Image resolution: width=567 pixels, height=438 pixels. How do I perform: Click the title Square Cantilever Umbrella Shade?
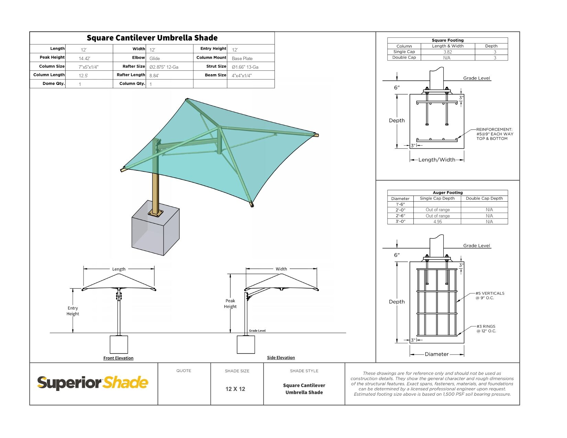pos(152,38)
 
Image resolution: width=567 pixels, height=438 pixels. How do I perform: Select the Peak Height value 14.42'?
pos(85,58)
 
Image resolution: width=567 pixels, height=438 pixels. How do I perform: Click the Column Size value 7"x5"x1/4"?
pos(88,67)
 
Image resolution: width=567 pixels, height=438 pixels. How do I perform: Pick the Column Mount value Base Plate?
pos(242,58)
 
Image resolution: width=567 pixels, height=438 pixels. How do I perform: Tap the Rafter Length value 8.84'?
pos(154,76)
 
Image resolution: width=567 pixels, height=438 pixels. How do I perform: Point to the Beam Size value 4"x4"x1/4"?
pos(242,76)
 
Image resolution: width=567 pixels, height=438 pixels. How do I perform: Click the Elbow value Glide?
pos(155,58)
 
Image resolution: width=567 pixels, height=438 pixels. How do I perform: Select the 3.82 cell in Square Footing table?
pos(447,52)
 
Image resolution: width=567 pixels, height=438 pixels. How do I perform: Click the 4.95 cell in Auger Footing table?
pos(437,222)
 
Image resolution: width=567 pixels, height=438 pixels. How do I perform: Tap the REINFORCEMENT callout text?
pos(494,134)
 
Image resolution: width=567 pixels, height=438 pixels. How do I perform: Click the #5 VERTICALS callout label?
pos(490,295)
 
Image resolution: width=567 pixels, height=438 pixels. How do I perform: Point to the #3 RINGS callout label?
pos(486,329)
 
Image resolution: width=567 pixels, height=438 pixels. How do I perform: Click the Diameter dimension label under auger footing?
pos(436,354)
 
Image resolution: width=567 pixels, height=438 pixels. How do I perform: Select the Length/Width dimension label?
pos(436,160)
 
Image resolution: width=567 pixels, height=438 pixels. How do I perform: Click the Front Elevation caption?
pos(118,358)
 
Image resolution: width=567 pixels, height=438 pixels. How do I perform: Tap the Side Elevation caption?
pos(281,358)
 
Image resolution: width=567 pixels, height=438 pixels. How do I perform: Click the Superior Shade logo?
pos(93,383)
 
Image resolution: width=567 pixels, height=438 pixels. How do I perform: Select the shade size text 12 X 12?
pos(235,389)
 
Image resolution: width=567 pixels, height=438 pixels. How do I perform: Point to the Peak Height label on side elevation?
pos(230,304)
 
